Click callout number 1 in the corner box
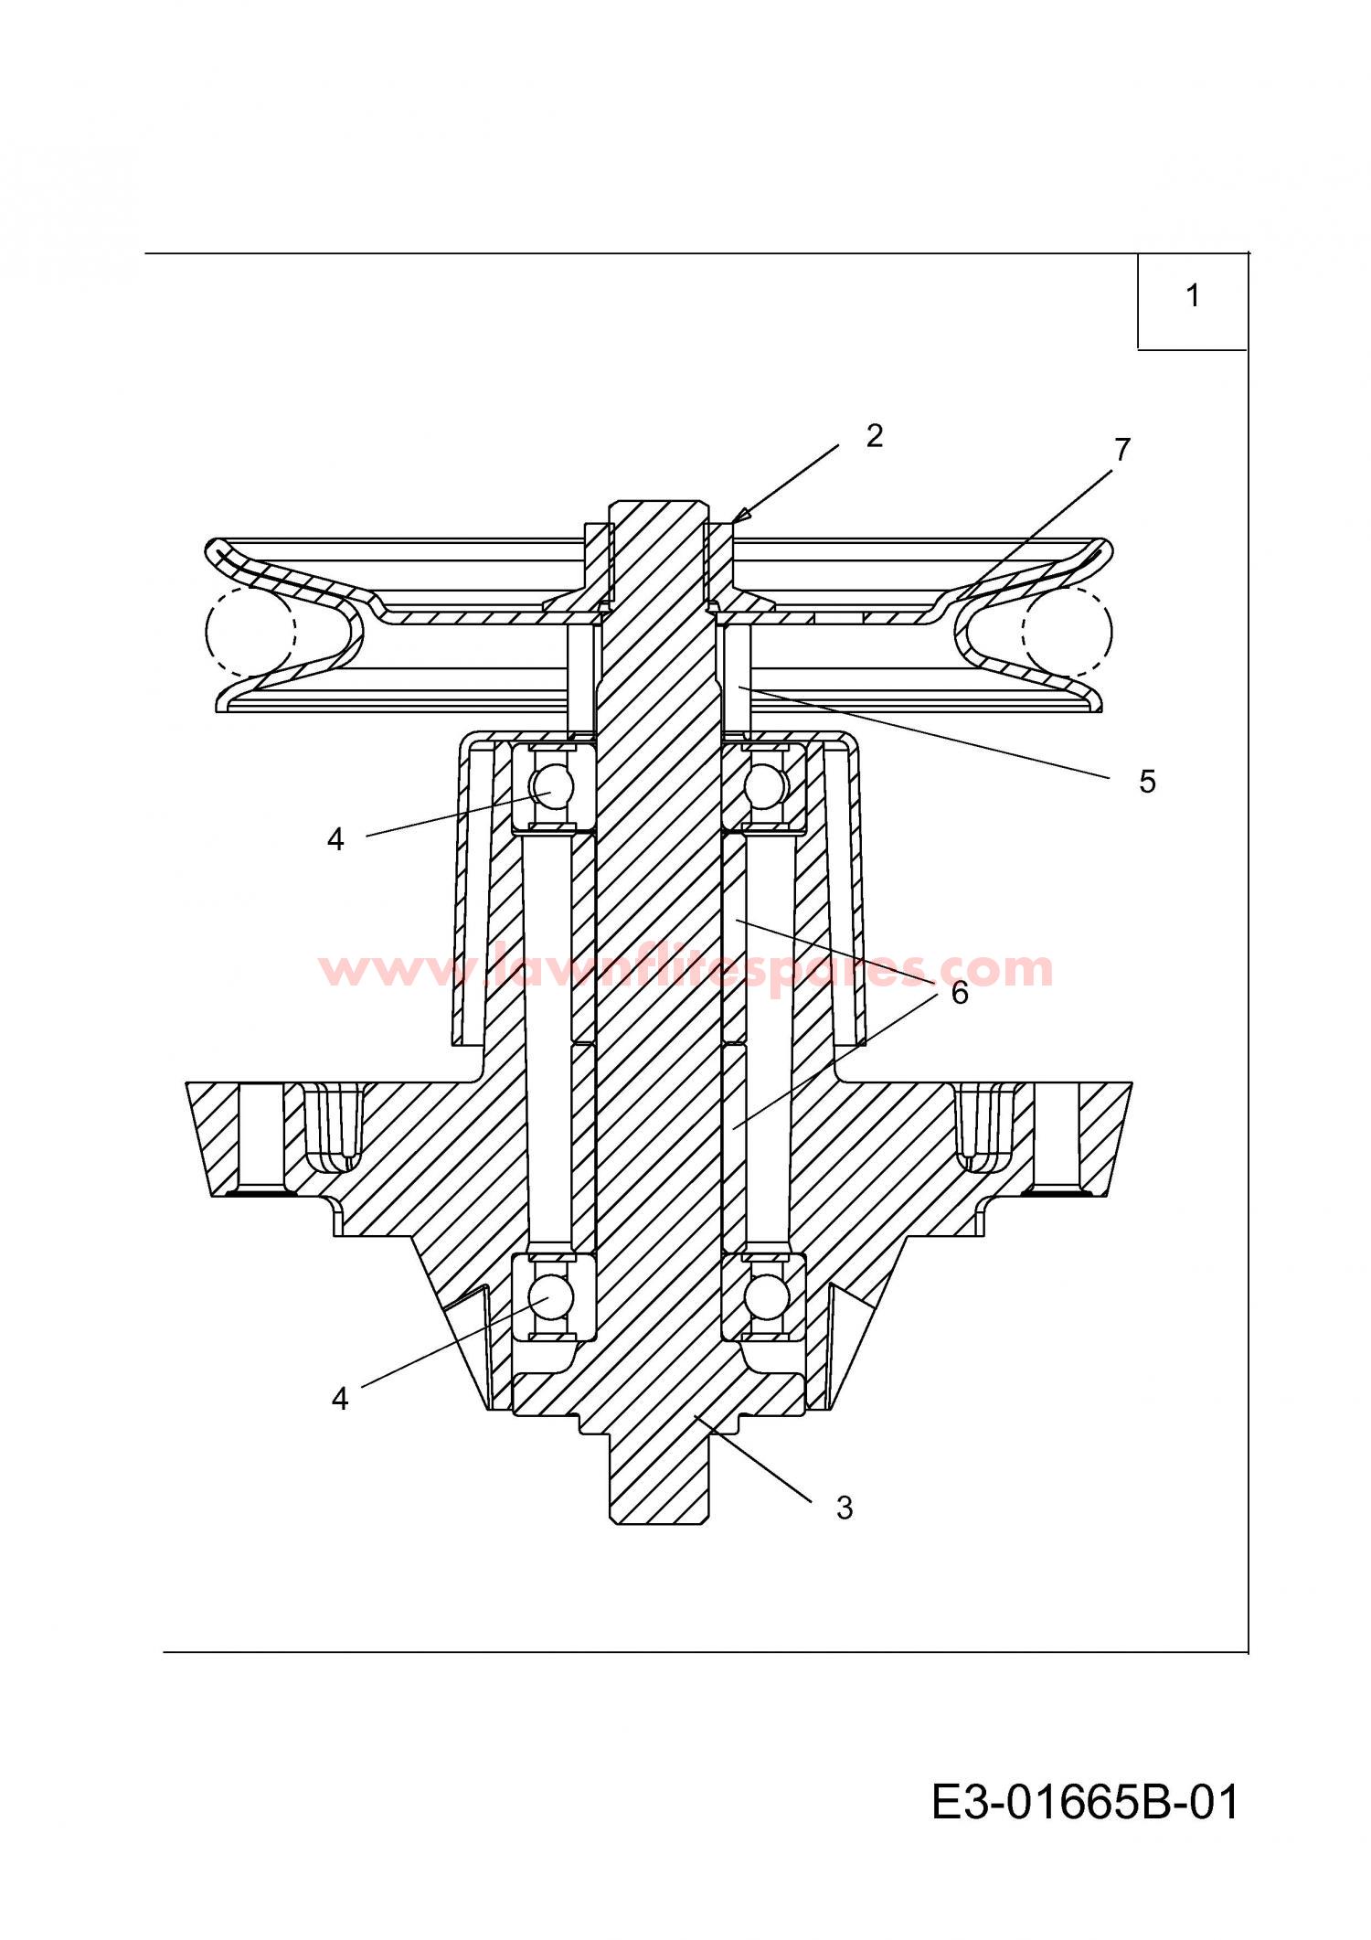pos(1192,296)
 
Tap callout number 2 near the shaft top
pos(875,436)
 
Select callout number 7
pos(1121,450)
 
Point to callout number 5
pos(1147,782)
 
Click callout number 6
pos(959,993)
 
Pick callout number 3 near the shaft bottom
pos(844,1508)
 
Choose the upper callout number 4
pos(335,839)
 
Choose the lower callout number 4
pos(340,1399)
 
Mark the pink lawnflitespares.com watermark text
pos(685,969)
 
